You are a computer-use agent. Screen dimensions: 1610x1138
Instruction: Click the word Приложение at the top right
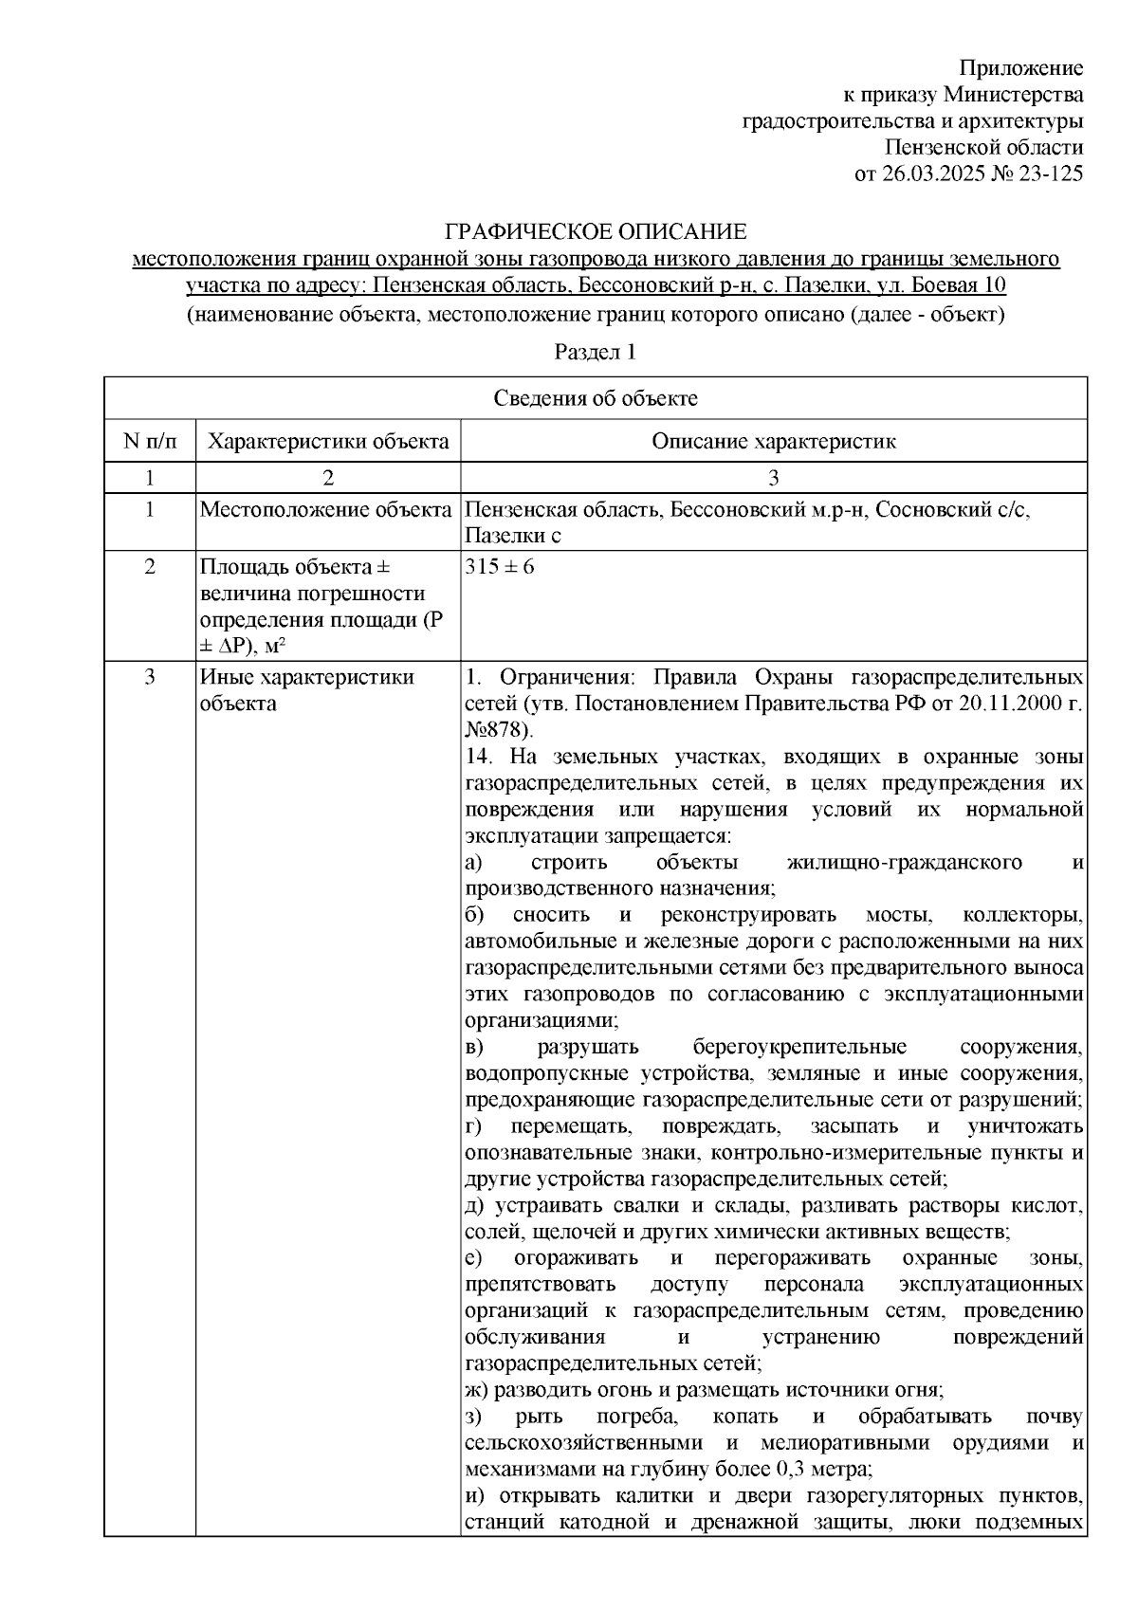click(x=1021, y=68)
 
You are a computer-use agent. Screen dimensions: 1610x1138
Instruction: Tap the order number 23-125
click(x=1048, y=174)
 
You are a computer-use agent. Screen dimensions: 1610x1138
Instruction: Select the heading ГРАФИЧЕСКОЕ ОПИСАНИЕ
click(x=597, y=232)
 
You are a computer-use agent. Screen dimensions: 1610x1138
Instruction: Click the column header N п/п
click(x=149, y=441)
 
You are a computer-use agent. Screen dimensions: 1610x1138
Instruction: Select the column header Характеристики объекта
click(x=328, y=441)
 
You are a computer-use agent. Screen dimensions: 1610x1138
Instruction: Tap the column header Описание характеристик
click(x=773, y=441)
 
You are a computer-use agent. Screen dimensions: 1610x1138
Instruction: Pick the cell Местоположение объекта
click(x=325, y=510)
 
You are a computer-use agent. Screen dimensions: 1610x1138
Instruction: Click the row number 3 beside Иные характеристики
click(x=149, y=677)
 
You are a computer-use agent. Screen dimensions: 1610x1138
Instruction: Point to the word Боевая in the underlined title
click(x=945, y=285)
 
